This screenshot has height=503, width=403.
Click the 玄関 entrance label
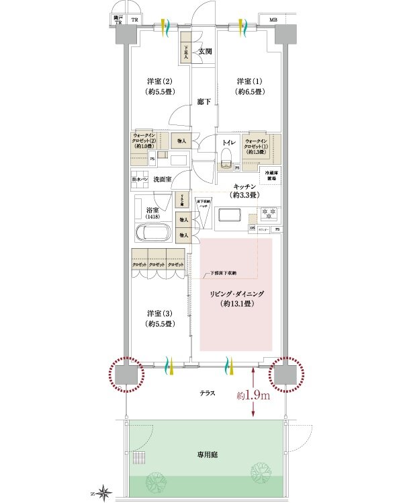(x=205, y=52)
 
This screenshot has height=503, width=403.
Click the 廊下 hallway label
(x=204, y=102)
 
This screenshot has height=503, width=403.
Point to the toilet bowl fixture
(x=226, y=159)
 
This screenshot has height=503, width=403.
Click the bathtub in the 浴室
(x=154, y=233)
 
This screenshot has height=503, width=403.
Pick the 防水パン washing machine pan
(x=140, y=180)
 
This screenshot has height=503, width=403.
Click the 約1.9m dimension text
(x=254, y=395)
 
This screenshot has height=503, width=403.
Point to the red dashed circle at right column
(x=286, y=374)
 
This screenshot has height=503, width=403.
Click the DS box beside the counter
(x=253, y=229)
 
